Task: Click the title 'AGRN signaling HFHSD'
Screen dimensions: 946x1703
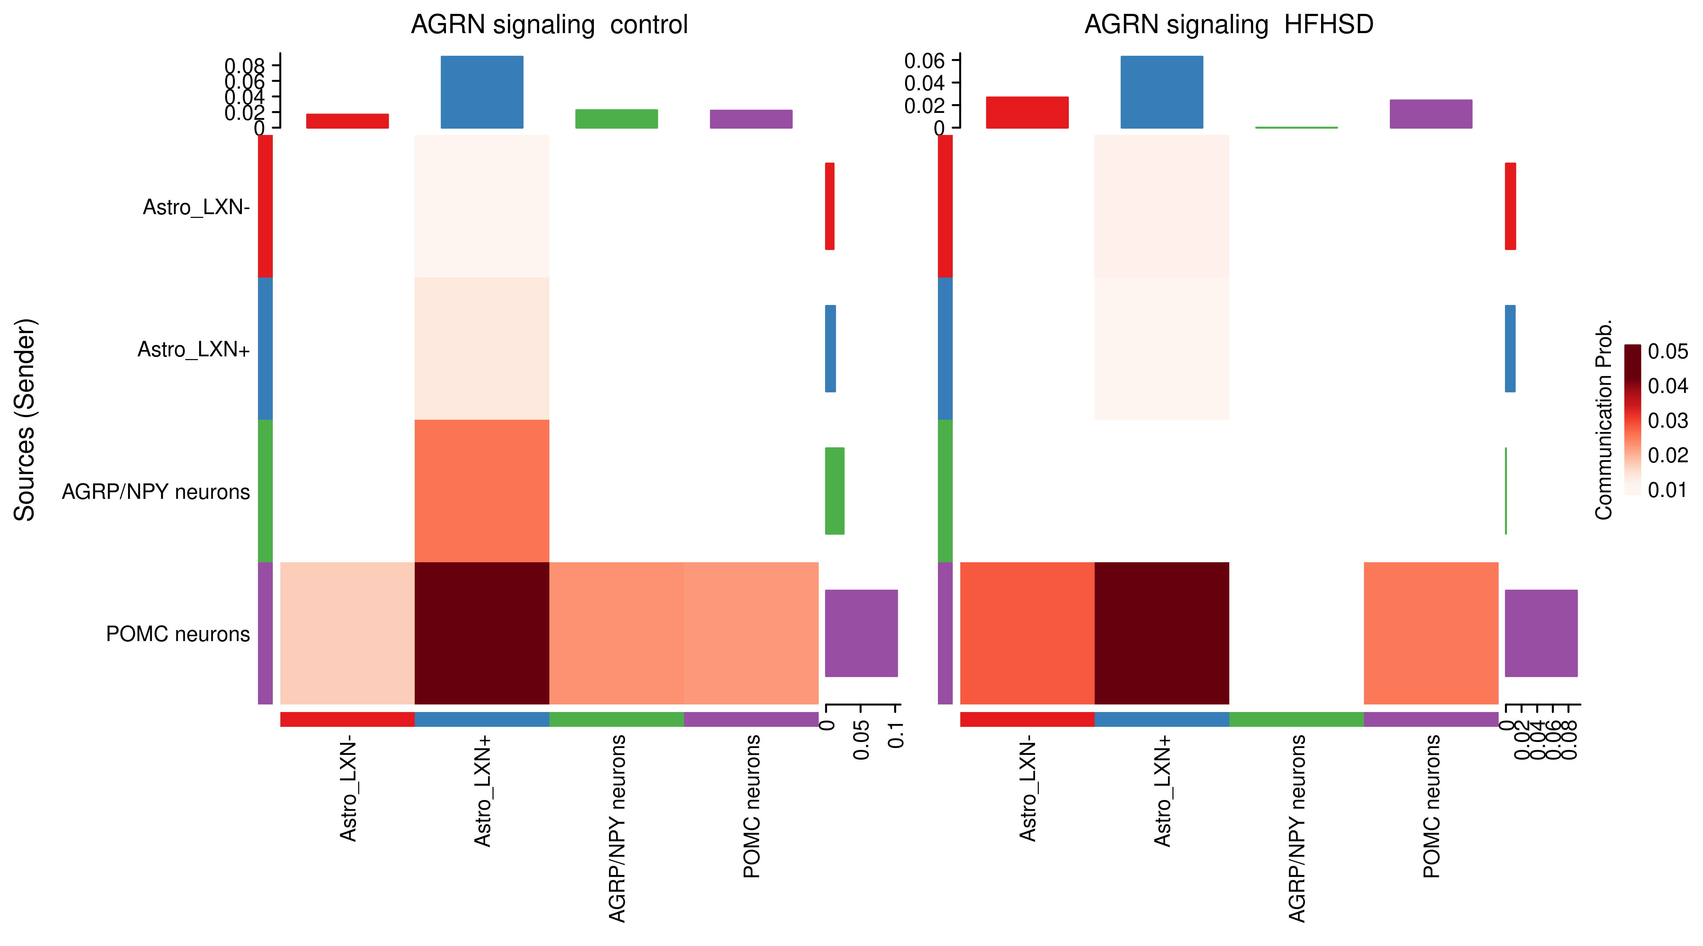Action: tap(1228, 25)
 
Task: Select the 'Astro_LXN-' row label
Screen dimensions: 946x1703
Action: tap(196, 207)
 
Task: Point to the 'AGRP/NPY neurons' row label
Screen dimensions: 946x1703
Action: tap(156, 492)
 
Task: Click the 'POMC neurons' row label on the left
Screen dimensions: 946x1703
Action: tap(178, 634)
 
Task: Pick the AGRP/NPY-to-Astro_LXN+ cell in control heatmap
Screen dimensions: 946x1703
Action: tap(482, 491)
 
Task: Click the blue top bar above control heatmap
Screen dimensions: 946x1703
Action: tap(482, 92)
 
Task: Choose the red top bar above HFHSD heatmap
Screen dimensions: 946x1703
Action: tap(1027, 112)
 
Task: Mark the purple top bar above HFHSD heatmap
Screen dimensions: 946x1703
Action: tap(1431, 114)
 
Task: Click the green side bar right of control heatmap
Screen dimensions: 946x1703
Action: tap(834, 491)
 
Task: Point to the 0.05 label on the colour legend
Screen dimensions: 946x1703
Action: tap(1667, 352)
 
